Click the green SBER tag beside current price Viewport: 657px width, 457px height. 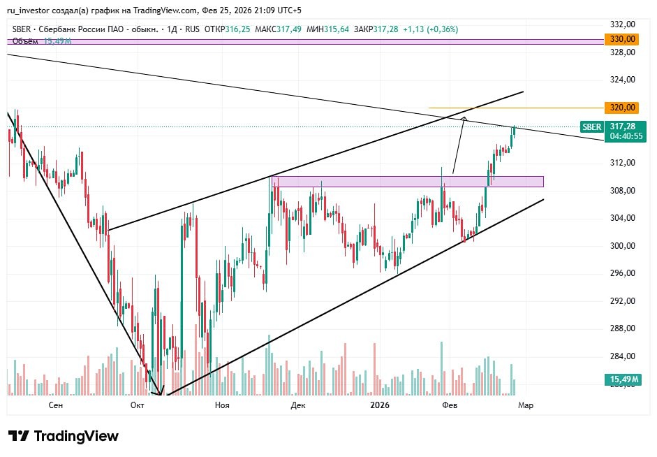coord(591,127)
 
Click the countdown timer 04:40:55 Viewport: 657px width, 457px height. coord(626,136)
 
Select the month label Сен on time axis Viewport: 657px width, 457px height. coord(57,405)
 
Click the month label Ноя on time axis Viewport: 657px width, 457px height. coord(222,405)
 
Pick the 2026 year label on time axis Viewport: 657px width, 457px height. coord(380,405)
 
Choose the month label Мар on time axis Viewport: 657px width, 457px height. coord(526,405)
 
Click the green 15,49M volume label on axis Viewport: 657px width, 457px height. coord(621,379)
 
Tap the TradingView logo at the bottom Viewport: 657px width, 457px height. coord(64,436)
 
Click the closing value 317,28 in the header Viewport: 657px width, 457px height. coord(385,29)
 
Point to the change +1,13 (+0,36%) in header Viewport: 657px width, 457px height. coord(430,29)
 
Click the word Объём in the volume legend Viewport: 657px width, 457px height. coord(25,41)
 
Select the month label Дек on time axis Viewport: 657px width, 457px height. coord(299,405)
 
